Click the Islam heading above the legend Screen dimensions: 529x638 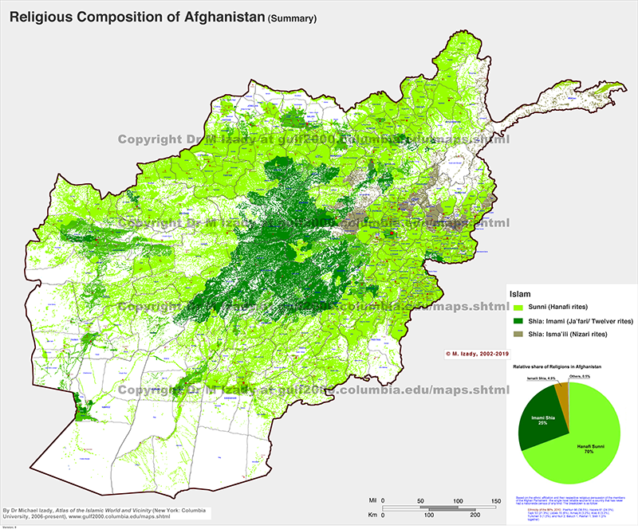click(x=520, y=294)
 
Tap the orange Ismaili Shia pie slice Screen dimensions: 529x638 click(x=562, y=391)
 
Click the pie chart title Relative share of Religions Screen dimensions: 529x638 click(x=555, y=365)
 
